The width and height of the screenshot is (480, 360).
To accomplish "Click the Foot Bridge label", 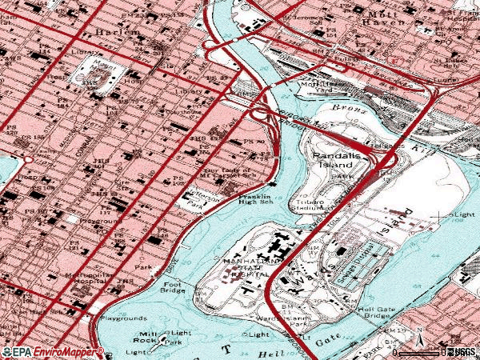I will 173,286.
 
